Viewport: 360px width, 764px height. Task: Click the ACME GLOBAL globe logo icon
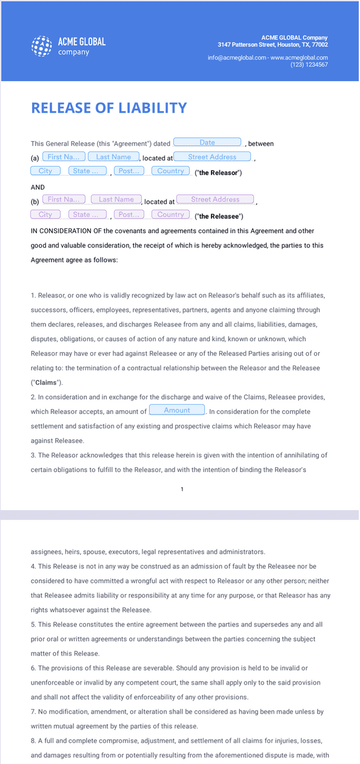(42, 46)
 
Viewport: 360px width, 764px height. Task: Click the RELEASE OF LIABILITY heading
(108, 108)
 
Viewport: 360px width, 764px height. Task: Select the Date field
(207, 142)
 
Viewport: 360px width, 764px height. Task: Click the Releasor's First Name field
(62, 157)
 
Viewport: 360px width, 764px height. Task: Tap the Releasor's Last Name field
(113, 157)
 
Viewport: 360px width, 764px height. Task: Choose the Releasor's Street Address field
(212, 157)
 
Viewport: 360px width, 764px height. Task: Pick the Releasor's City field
(45, 171)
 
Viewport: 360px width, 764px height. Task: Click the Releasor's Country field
(170, 171)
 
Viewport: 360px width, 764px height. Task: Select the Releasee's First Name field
(63, 199)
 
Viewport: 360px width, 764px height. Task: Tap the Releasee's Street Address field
(215, 199)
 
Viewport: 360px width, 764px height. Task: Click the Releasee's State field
(87, 214)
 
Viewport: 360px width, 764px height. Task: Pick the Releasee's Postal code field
(128, 214)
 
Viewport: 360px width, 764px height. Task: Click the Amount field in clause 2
(177, 410)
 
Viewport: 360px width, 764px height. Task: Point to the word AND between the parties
(38, 187)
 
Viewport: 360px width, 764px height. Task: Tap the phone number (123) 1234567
(309, 64)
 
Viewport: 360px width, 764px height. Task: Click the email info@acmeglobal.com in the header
(237, 58)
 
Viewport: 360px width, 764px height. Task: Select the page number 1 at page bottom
(182, 489)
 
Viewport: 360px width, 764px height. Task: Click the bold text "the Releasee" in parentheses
(219, 216)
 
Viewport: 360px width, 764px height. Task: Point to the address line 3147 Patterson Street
(273, 44)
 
